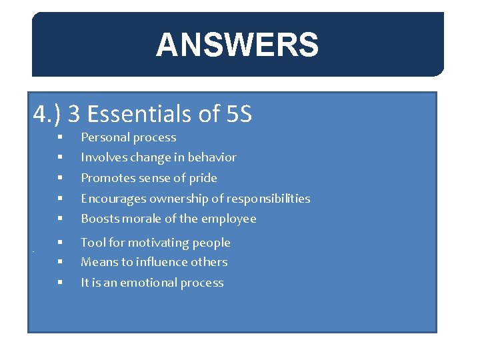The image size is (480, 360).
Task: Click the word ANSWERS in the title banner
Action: tap(237, 45)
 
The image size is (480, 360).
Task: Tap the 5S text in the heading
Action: tap(238, 115)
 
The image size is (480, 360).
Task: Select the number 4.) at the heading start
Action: tap(48, 115)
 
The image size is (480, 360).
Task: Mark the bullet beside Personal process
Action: tap(59, 138)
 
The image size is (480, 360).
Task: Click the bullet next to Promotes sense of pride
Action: tap(59, 179)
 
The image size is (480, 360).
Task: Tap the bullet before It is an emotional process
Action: tap(59, 283)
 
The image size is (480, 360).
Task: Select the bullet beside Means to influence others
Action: tap(59, 263)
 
